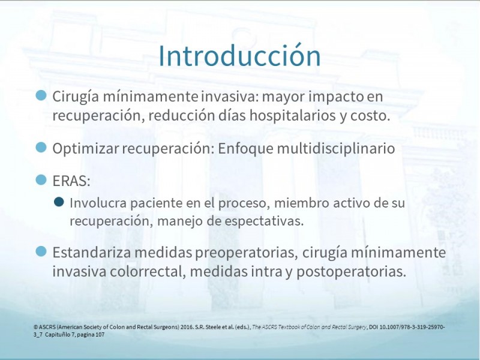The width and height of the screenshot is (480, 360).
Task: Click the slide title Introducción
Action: pos(239,56)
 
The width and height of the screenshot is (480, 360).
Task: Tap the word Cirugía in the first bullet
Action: pos(76,97)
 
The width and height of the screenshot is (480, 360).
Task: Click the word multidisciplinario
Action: pos(336,148)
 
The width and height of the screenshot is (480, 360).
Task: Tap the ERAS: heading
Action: pos(71,181)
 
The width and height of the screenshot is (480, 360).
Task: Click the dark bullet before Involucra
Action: pos(59,202)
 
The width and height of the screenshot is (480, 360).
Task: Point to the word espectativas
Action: pos(264,221)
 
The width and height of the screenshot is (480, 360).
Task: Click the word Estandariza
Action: pos(92,253)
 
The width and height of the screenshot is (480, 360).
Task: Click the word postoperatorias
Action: pos(351,272)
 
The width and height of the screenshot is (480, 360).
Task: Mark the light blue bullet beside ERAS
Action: pos(41,179)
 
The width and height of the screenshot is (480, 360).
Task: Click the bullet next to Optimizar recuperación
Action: pos(41,147)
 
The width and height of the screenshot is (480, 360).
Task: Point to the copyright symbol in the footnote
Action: pos(36,327)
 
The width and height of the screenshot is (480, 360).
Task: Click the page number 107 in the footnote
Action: pos(100,335)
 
